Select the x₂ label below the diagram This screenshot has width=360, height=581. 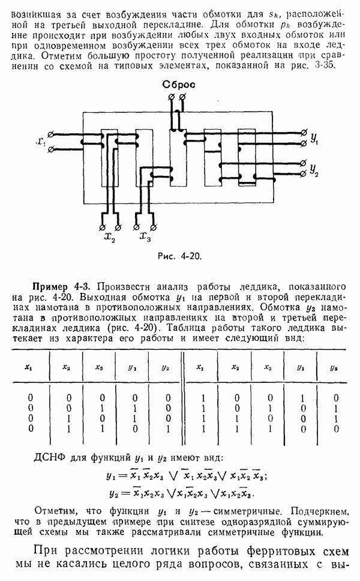[109, 238]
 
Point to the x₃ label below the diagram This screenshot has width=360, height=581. [145, 238]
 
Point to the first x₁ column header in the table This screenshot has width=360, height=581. [28, 367]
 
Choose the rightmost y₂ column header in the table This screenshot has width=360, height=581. [334, 367]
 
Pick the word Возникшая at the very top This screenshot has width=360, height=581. [34, 8]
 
